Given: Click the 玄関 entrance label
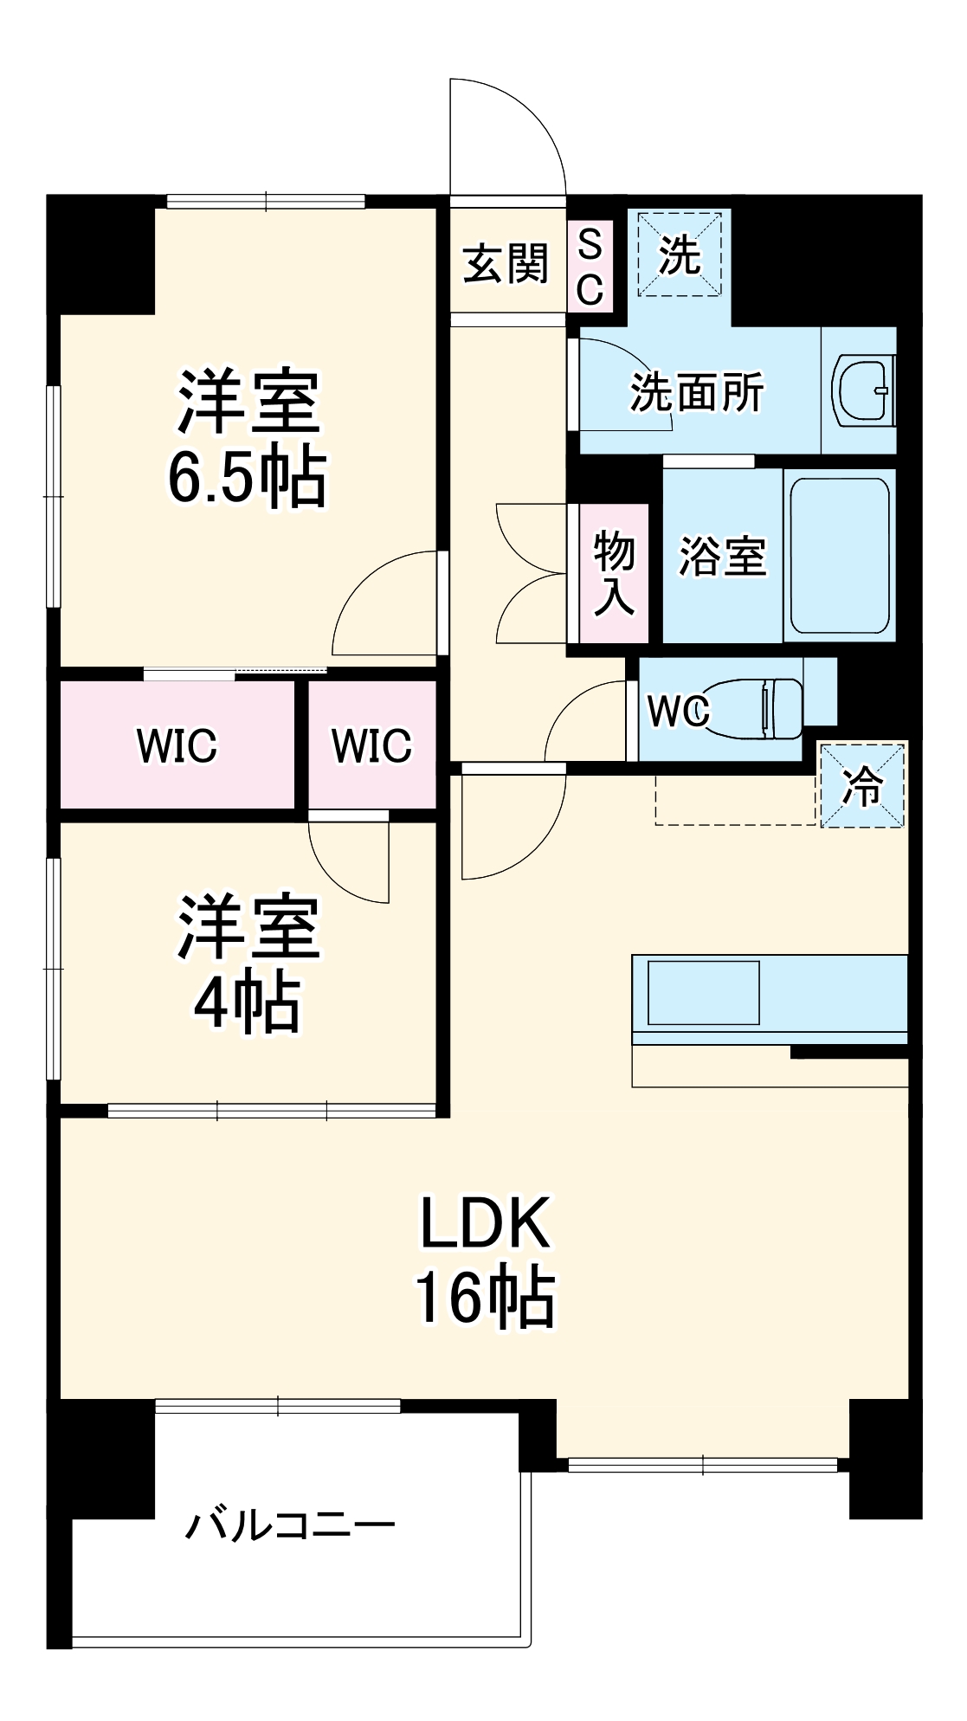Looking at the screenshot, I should [506, 263].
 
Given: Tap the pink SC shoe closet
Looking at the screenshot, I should [590, 267].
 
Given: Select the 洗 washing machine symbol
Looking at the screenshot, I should [680, 255].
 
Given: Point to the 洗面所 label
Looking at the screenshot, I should [697, 392].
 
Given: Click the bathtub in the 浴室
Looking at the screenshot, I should [839, 555].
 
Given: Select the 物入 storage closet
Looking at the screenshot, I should [614, 573].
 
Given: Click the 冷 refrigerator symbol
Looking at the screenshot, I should [862, 785].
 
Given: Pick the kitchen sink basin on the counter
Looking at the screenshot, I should [703, 992].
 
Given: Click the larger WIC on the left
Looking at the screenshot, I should [177, 745].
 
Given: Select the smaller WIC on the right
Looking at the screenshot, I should [371, 745].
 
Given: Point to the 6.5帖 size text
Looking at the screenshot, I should [248, 477].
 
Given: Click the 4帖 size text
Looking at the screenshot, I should [248, 1002].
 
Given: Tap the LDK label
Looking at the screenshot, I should [485, 1223].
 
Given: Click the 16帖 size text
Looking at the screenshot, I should [485, 1296].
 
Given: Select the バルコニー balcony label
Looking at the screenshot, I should [291, 1524].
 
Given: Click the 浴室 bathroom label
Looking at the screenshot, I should [723, 556].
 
